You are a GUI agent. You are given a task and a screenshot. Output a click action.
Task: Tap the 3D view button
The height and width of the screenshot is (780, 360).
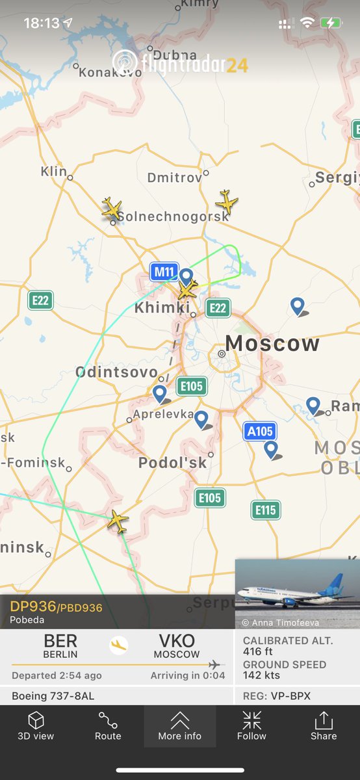pos(36,726)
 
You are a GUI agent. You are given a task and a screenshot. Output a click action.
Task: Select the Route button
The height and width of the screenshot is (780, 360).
pos(108,726)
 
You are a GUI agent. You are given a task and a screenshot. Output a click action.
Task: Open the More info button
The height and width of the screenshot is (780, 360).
pos(180,726)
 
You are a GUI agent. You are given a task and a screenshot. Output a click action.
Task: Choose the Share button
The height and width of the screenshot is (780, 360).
pos(324,726)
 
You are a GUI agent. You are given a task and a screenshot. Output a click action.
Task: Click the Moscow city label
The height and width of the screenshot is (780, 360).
pos(272,343)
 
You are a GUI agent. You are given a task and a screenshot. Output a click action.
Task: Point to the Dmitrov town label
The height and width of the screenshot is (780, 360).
pos(174,177)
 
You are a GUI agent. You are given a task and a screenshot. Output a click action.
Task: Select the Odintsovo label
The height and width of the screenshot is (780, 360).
pos(116,372)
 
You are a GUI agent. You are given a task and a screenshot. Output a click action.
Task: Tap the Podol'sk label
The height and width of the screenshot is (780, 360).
pos(172,463)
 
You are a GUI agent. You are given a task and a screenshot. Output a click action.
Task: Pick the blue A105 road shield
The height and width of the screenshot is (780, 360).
pos(260,430)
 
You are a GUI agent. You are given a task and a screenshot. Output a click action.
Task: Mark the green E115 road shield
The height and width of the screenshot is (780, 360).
pos(266,510)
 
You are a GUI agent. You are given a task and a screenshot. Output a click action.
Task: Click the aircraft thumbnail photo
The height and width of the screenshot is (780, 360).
pos(297,593)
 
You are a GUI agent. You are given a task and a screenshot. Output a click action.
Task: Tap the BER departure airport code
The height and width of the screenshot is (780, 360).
pos(60,642)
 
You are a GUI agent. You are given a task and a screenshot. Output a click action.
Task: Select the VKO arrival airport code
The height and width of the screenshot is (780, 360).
pos(177,642)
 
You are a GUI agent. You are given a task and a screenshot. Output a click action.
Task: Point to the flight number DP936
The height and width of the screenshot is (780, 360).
pos(33,606)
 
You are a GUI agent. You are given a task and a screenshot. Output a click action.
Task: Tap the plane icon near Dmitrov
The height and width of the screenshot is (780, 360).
pos(227,201)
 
